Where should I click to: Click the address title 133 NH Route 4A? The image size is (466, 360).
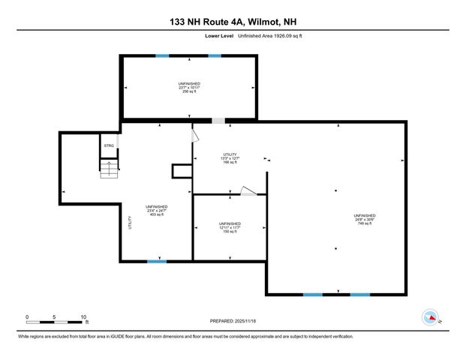(233, 22)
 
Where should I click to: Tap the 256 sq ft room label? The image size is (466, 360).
(189, 87)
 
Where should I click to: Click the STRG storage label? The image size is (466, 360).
(108, 146)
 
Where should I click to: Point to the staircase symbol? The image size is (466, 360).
(110, 168)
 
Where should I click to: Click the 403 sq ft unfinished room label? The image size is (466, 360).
(156, 211)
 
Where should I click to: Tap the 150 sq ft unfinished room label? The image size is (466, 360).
(229, 227)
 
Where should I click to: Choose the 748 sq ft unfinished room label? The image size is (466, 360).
(365, 220)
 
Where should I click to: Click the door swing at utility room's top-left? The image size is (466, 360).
(196, 135)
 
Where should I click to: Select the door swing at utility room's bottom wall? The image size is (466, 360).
(248, 190)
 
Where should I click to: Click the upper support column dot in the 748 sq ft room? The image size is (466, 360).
(335, 189)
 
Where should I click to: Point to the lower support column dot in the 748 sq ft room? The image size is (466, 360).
(335, 248)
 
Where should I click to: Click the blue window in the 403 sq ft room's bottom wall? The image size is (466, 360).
(156, 260)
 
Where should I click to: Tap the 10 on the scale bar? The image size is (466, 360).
(83, 316)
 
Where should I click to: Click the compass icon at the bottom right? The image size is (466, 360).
(430, 316)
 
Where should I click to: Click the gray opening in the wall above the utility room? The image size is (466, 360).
(218, 121)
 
